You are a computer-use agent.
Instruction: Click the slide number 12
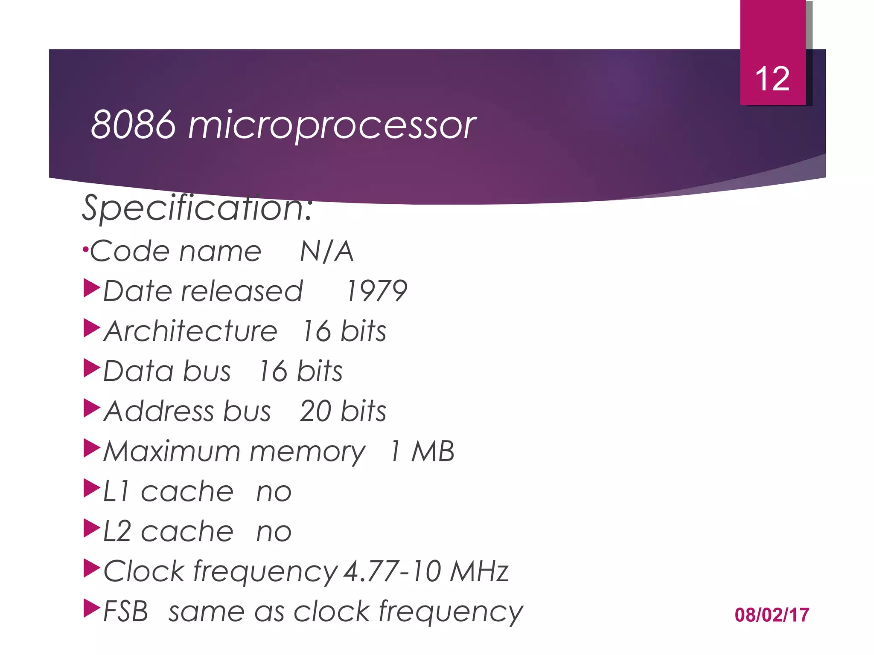(772, 79)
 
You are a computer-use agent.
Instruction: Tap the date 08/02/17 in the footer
(772, 615)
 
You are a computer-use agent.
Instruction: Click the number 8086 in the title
(133, 125)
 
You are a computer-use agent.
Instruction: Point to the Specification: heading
(197, 208)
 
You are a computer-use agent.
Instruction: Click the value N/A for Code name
(327, 251)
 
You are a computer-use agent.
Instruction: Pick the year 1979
(376, 291)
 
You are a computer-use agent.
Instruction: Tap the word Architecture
(191, 331)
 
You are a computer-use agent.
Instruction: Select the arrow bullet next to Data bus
(92, 368)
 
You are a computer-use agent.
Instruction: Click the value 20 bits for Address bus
(343, 412)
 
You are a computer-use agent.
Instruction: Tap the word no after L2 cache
(274, 532)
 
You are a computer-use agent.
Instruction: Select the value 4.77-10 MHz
(426, 571)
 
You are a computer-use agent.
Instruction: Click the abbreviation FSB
(126, 612)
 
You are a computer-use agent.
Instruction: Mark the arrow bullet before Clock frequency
(92, 568)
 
